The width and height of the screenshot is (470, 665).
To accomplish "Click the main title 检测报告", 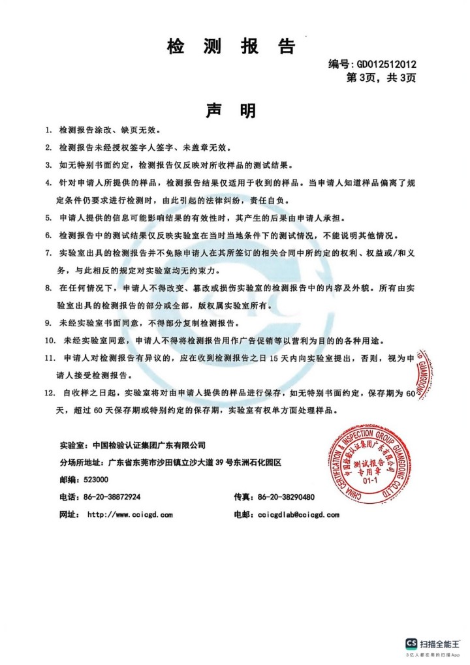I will tap(232, 46).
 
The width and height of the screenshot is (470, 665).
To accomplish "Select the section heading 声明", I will tap(231, 110).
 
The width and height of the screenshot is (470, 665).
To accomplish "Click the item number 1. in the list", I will tap(48, 131).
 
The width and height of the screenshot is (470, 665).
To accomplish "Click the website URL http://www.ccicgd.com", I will tap(131, 514).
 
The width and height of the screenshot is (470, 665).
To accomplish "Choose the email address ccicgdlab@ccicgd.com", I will tap(298, 514).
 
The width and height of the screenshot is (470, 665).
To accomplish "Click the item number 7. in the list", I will tap(48, 253).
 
